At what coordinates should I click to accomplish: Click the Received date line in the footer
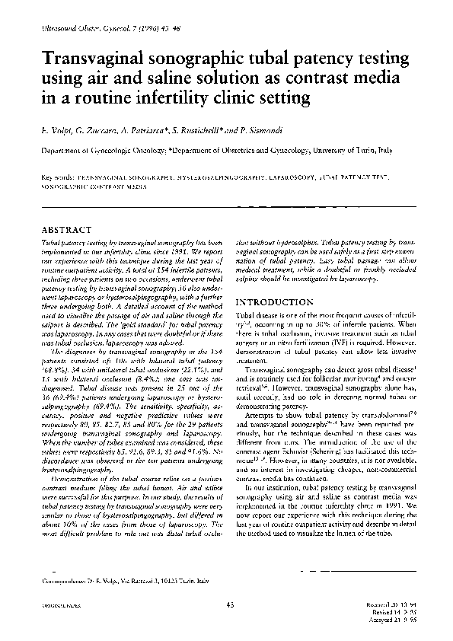(387, 604)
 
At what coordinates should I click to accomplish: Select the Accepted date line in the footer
(388, 618)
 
